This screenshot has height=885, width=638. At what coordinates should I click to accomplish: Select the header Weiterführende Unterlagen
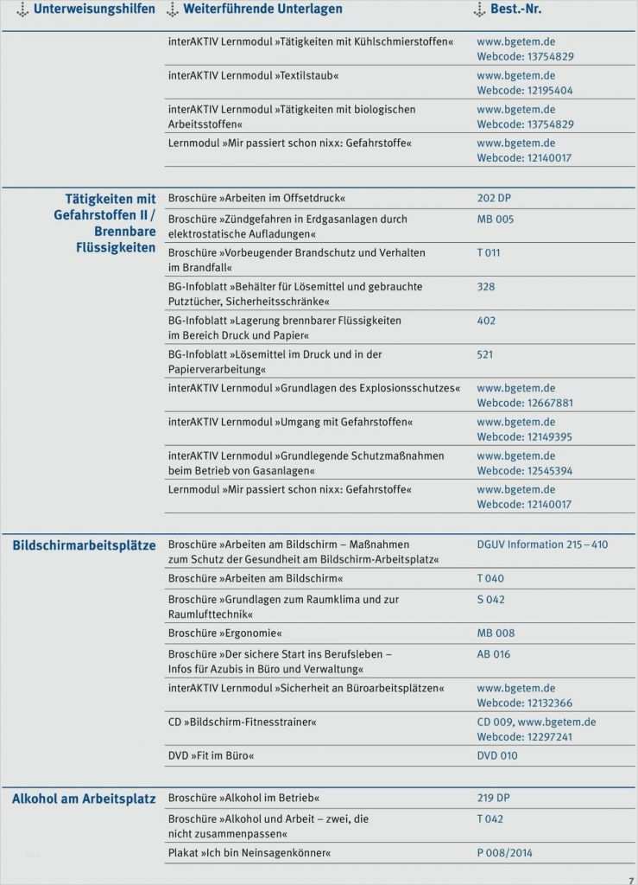click(262, 10)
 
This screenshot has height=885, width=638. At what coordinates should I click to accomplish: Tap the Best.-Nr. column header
click(515, 10)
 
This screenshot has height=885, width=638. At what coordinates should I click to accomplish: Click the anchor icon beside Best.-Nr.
click(480, 10)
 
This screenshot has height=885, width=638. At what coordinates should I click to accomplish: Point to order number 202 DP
click(494, 198)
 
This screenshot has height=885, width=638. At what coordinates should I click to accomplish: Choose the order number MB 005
click(495, 220)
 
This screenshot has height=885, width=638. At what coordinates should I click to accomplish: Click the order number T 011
click(488, 253)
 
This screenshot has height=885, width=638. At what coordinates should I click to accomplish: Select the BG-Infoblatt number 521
click(485, 354)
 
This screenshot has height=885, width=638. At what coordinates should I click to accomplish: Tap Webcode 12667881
click(524, 404)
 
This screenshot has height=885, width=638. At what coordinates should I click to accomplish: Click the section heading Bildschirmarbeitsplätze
click(84, 546)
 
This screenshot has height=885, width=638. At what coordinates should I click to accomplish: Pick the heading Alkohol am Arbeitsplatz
click(84, 799)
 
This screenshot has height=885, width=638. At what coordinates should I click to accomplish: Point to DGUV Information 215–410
click(542, 545)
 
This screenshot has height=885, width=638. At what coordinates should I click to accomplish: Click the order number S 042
click(490, 600)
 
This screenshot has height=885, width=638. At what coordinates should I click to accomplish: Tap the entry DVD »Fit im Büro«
click(212, 756)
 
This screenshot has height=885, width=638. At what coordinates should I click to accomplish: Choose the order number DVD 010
click(497, 756)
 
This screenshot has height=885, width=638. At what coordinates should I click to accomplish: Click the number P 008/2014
click(504, 853)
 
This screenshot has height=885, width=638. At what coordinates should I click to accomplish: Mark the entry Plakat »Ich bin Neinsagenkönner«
click(250, 853)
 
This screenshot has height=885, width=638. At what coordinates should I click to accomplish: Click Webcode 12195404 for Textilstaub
click(524, 91)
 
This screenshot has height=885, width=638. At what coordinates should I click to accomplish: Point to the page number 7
click(630, 879)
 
